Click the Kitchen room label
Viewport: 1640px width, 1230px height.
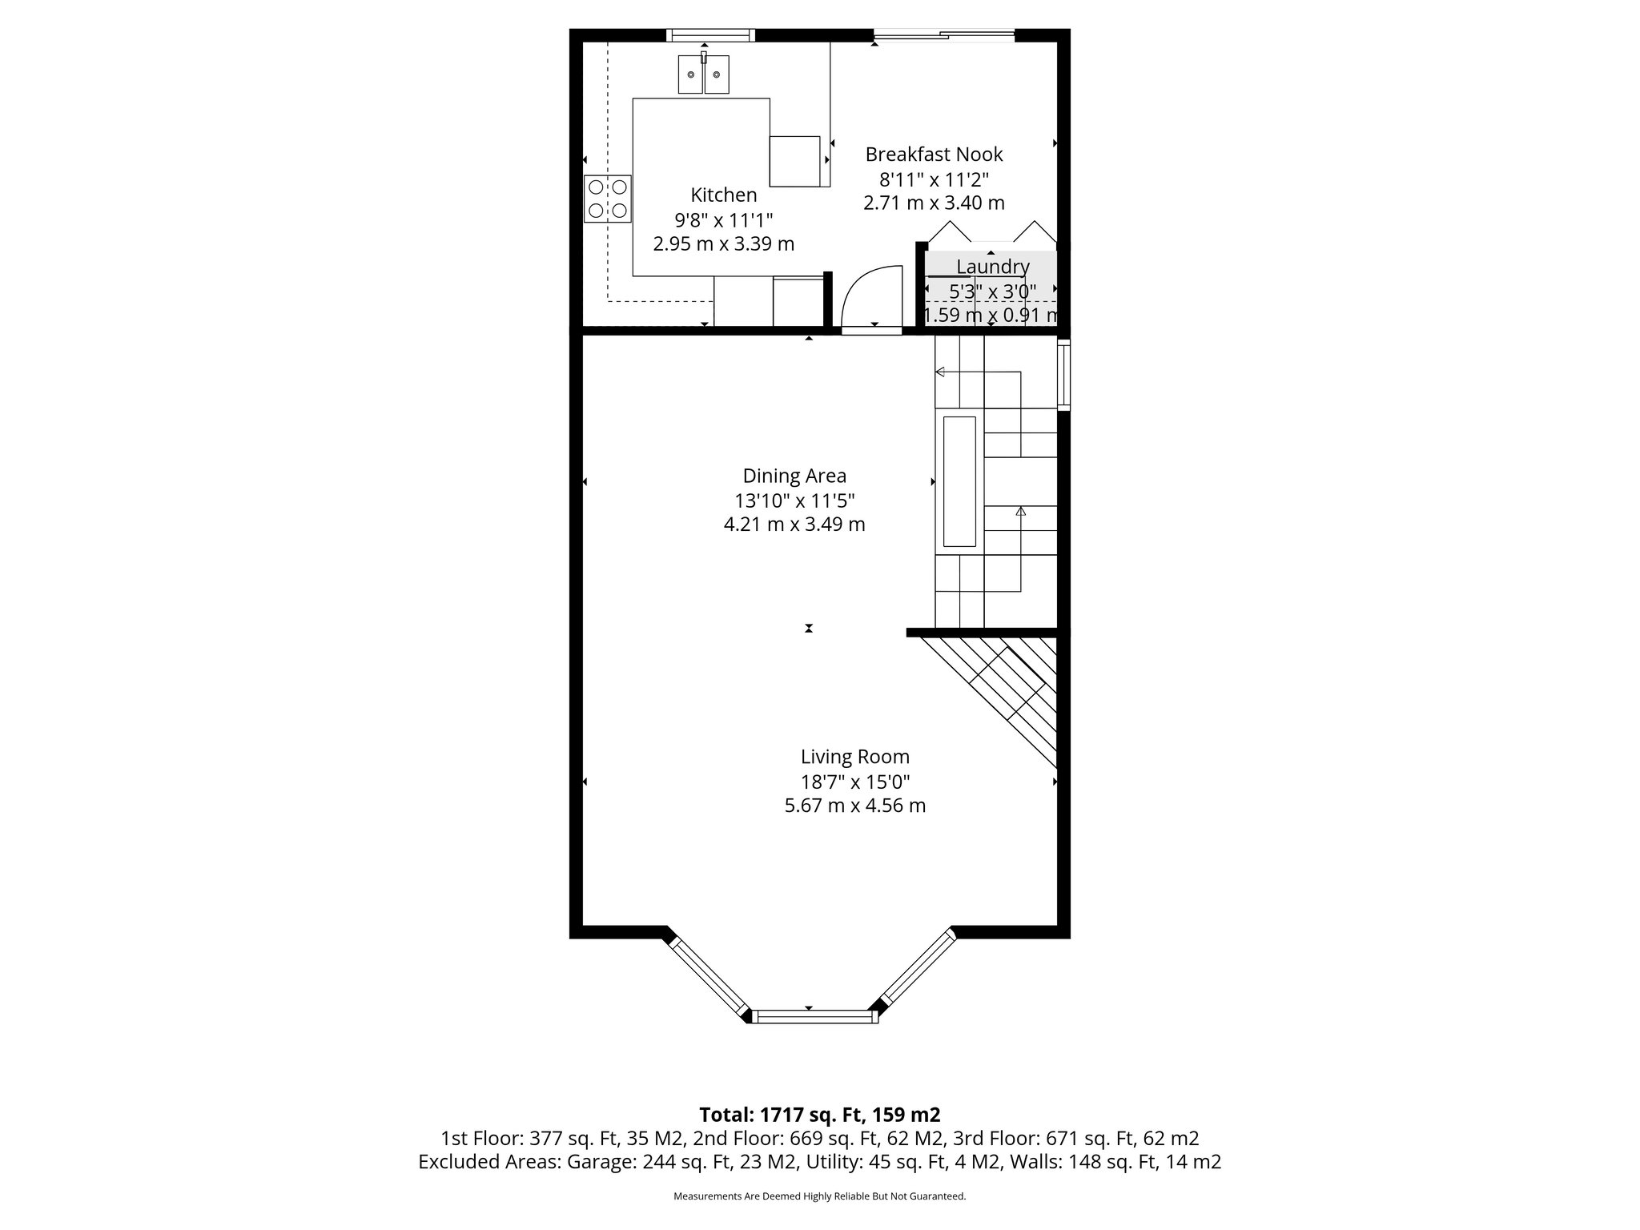(x=723, y=195)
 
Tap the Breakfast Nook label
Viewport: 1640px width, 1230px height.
(x=934, y=154)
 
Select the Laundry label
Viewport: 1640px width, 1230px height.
(x=992, y=267)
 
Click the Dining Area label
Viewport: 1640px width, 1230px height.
(x=794, y=476)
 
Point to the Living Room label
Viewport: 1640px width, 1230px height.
(x=854, y=757)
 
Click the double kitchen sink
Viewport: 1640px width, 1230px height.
(x=704, y=74)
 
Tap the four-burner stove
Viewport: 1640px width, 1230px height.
(x=608, y=199)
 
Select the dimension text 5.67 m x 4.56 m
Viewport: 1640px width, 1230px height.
(x=854, y=806)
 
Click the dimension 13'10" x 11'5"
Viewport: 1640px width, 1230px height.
(x=794, y=501)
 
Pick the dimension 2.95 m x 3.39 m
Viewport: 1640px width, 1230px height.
(x=723, y=244)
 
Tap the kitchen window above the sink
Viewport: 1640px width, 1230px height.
(x=710, y=34)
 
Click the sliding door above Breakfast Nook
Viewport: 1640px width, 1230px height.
(x=943, y=34)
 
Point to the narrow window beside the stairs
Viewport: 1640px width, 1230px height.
(x=1063, y=375)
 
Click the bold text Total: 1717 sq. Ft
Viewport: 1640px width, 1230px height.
(x=819, y=1115)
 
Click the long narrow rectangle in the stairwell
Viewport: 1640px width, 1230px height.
(x=959, y=480)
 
